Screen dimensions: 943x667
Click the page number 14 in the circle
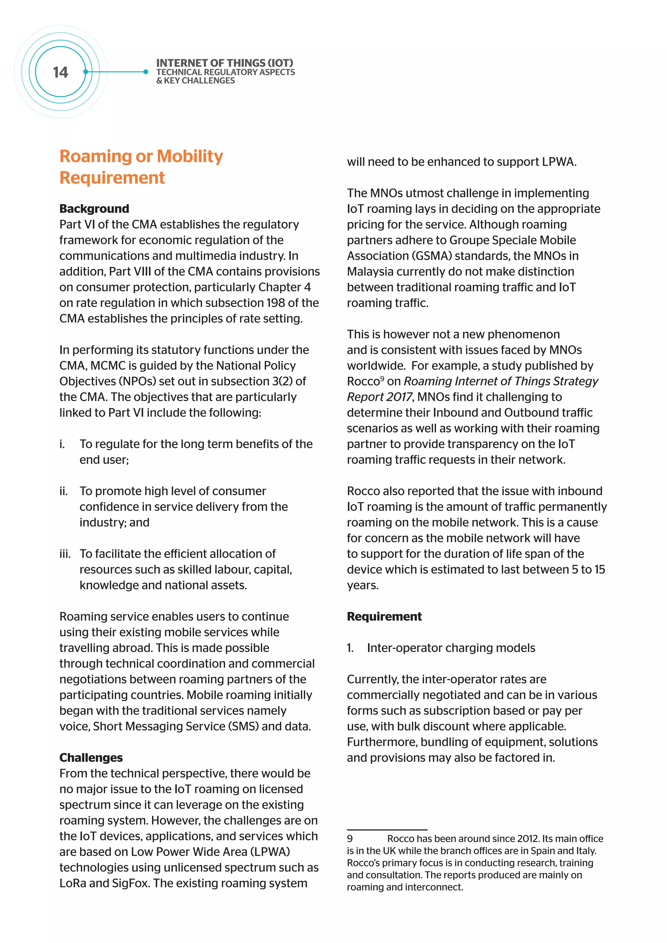pos(60,72)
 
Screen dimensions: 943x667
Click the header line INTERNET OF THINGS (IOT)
pos(225,63)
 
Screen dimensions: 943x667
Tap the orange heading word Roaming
pos(96,157)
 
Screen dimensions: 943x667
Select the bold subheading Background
pos(94,209)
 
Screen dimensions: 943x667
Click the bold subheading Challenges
pos(91,757)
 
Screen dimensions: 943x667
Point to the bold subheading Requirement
pos(384,616)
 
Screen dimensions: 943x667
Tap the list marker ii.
pos(63,491)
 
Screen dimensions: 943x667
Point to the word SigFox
pos(130,883)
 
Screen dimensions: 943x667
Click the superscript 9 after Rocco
pos(382,378)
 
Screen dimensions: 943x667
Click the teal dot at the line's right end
pos(146,72)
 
